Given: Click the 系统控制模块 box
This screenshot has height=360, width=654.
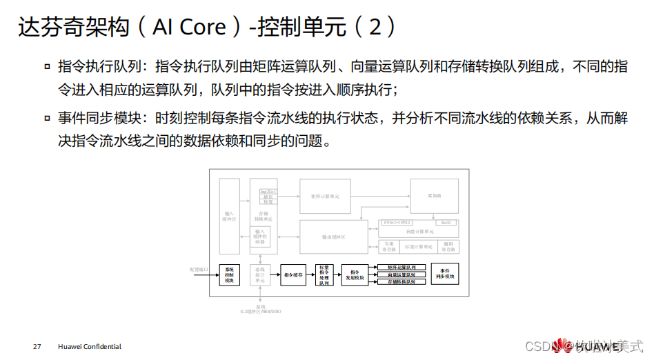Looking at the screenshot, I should (x=228, y=274).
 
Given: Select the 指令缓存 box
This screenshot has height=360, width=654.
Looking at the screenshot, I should (x=293, y=274).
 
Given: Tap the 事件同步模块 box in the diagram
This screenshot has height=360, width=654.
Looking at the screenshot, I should (x=444, y=274).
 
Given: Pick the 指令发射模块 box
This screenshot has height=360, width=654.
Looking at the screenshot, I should (x=355, y=274).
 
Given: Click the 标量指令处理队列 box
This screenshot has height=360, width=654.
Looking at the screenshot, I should (x=324, y=274).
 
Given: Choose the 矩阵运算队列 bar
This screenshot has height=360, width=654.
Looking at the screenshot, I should (x=401, y=267).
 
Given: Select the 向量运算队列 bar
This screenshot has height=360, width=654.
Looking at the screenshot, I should (x=401, y=274).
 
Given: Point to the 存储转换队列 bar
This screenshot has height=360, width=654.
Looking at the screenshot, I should (x=401, y=282).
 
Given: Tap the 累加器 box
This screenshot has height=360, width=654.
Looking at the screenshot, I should (x=434, y=196).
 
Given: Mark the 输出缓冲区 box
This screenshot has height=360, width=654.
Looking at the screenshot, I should (x=333, y=237).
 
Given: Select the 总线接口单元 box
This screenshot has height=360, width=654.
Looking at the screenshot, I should (x=260, y=274).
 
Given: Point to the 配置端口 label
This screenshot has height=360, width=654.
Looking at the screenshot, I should (x=198, y=270).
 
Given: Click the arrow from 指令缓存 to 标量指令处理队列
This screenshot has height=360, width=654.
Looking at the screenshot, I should (x=310, y=274).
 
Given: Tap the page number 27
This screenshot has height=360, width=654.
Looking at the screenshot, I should (x=37, y=346).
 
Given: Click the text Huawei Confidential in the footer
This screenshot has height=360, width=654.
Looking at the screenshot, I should (x=90, y=346).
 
